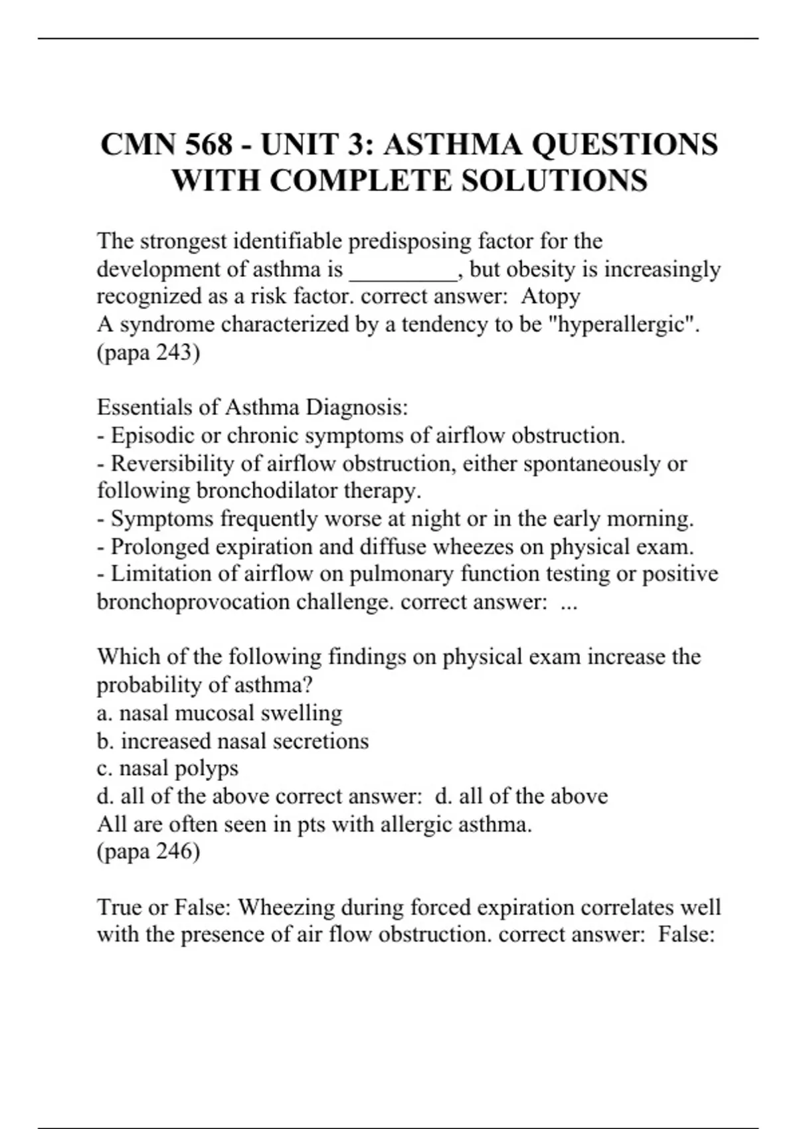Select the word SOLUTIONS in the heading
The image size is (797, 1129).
(554, 181)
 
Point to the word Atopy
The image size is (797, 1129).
(551, 296)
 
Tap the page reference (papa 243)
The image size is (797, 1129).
(148, 352)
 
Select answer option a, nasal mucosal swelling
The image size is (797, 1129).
(219, 713)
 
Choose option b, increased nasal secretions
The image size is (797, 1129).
(232, 741)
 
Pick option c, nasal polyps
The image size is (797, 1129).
(167, 768)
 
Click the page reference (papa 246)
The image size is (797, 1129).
(148, 851)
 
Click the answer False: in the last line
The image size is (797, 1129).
(686, 934)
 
